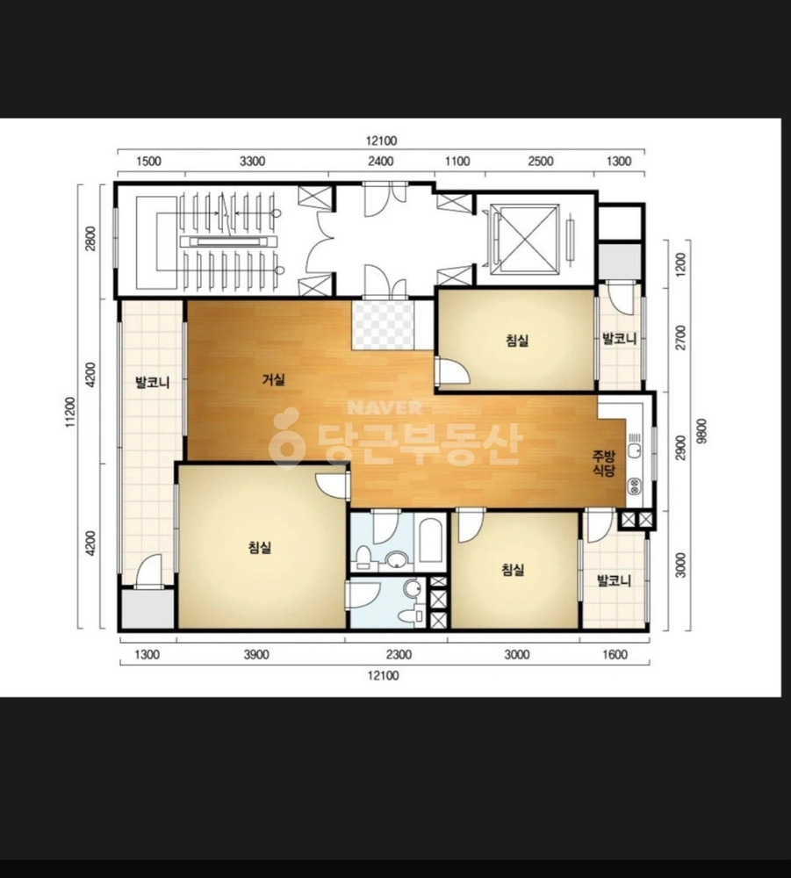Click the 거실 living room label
pos(274,379)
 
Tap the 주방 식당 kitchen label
pos(604,463)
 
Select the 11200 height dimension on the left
pos(70,412)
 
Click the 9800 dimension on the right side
pos(702,431)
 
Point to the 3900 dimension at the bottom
pos(256,655)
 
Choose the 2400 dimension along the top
pos(381,162)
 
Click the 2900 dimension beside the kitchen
pos(680,448)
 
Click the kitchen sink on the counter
pos(634,450)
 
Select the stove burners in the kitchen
pos(634,486)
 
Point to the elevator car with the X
pos(524,239)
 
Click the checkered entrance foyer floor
pos(383,326)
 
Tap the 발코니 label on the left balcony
pos(152,383)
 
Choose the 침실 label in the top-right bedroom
pos(517,340)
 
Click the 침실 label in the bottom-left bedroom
pos(261,547)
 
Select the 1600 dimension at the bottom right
pos(615,655)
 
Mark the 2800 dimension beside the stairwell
pos(90,239)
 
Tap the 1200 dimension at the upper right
pos(680,264)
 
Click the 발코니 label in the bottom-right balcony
pos(615,580)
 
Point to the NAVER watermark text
pos(385,407)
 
